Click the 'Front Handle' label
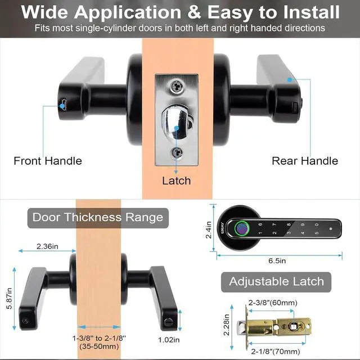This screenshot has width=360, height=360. [x=48, y=161]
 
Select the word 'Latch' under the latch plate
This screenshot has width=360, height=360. [x=176, y=181]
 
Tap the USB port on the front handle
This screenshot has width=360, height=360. [x=63, y=103]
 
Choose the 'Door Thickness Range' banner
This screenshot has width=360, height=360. [x=97, y=217]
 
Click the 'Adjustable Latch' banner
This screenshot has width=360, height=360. [x=276, y=281]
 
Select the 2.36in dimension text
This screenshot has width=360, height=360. [x=48, y=246]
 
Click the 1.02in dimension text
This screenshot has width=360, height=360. [x=168, y=339]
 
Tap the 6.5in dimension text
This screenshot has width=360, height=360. [x=277, y=260]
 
